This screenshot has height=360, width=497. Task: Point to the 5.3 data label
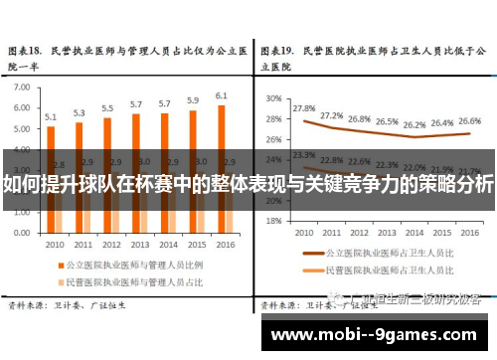pyautogui.click(x=80, y=112)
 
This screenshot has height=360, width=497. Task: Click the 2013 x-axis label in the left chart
pyautogui.click(x=139, y=244)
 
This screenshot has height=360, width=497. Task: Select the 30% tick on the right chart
pyautogui.click(x=274, y=98)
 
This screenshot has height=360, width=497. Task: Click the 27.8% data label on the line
pyautogui.click(x=304, y=107)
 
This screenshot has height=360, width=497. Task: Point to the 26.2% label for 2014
pyautogui.click(x=414, y=125)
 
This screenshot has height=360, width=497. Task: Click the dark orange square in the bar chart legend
pyautogui.click(x=58, y=266)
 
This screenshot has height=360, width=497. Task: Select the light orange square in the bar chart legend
pyautogui.click(x=58, y=282)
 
